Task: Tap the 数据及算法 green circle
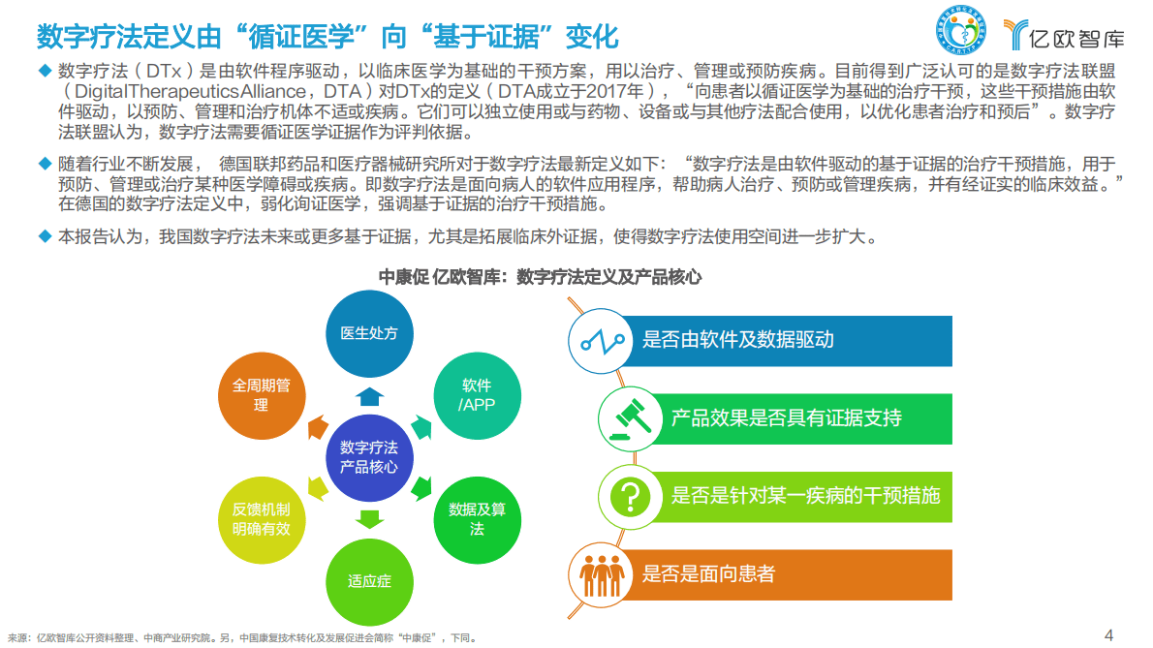477,518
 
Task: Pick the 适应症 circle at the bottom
369,580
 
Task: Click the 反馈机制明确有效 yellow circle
261,519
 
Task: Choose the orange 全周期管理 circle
261,394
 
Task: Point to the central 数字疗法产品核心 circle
369,457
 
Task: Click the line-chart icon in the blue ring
600,341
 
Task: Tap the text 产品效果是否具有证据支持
786,418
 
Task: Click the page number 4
1109,634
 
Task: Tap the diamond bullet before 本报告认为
43,235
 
